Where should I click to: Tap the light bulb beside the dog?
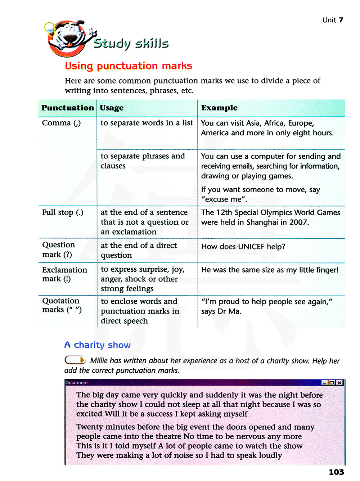49,28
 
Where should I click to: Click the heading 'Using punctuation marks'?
128,66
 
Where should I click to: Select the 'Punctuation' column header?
67,108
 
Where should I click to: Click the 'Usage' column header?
112,108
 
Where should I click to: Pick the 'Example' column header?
219,108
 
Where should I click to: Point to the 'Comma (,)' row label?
61,123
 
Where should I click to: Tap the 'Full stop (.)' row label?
63,212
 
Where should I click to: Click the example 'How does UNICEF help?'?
243,247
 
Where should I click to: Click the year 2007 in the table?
299,222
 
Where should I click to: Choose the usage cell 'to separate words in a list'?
147,123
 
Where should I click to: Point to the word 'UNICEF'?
251,247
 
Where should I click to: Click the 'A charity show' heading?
97,345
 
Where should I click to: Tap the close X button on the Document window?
339,382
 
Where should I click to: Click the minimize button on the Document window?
324,382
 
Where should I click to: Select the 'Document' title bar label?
76,382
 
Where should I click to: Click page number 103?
336,472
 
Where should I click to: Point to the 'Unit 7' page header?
333,20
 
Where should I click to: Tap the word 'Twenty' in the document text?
89,427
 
